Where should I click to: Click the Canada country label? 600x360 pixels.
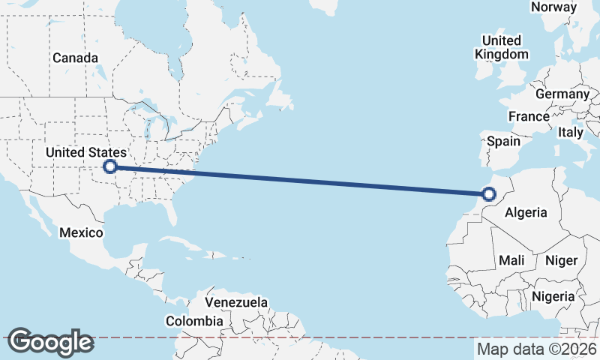coord(75,58)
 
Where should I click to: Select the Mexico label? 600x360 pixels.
coord(81,232)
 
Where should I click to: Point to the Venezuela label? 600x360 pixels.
coord(236,302)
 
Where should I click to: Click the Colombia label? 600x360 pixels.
coord(194,321)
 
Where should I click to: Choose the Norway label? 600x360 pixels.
coord(553,7)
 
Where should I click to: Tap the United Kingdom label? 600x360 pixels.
coord(502,47)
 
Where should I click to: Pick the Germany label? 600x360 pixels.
coord(562,94)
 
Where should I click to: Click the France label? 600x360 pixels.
coord(529,117)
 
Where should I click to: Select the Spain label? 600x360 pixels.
coord(503,141)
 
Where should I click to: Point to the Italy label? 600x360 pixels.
coord(570,132)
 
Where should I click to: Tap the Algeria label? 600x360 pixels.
coord(526,213)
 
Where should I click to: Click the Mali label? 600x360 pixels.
coord(511,260)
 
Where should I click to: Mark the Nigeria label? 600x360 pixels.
coord(553,296)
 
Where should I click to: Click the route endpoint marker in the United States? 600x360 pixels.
coord(110,166)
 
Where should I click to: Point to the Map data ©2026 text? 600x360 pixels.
coord(536,349)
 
